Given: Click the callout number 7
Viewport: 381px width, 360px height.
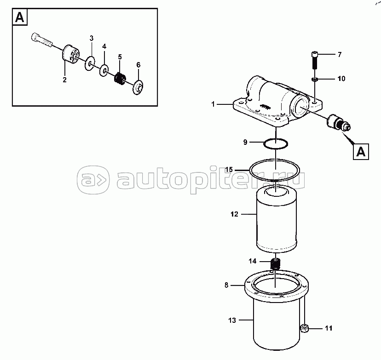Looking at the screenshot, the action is [x=340, y=55].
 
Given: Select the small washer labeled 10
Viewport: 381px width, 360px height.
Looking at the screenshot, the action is [x=314, y=79].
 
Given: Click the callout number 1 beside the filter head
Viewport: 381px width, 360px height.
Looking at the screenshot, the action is [x=213, y=104].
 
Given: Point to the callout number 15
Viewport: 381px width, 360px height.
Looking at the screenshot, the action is [x=229, y=170].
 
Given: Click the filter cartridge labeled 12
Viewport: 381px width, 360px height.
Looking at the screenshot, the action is [x=277, y=218].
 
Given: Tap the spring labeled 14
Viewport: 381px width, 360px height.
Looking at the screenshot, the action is [x=276, y=264].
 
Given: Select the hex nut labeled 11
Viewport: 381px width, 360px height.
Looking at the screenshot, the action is [x=304, y=329].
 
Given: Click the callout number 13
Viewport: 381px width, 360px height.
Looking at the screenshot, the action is [x=232, y=320].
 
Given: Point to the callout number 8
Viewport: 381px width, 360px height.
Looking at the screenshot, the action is [x=226, y=285].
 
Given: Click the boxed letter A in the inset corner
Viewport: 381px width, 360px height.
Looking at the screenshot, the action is [x=20, y=17].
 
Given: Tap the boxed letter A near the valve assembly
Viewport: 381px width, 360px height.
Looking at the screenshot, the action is [x=361, y=152].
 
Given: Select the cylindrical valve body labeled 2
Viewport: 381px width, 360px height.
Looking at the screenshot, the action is [x=70, y=55].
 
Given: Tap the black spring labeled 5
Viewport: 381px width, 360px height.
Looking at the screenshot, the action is [x=120, y=79].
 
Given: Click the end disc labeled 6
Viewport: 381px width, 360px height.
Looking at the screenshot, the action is [x=138, y=87].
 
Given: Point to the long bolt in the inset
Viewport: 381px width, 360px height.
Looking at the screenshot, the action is [x=42, y=40].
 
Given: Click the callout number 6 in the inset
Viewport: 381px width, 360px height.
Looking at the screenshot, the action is [x=138, y=65].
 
